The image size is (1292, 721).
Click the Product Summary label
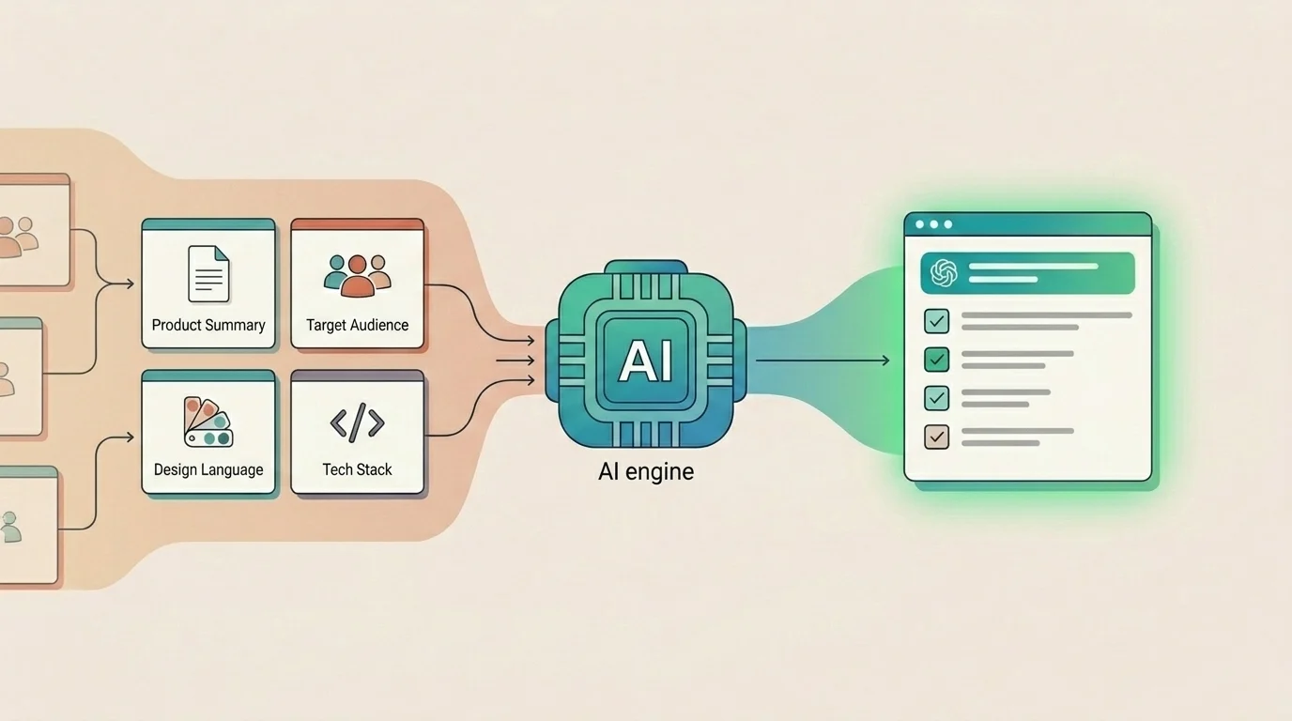(x=208, y=326)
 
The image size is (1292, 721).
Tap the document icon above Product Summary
(x=208, y=274)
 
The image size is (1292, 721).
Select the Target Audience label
(x=357, y=326)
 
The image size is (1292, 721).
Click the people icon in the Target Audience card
(x=357, y=274)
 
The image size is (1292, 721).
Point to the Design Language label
(x=208, y=469)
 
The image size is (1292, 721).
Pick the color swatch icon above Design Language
(x=208, y=422)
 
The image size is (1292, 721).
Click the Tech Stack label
(x=357, y=469)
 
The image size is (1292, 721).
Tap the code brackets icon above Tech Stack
(x=357, y=423)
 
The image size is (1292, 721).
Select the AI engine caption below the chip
(x=646, y=471)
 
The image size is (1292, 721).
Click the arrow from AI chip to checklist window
(x=823, y=360)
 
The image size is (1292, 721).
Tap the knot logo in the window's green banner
(x=943, y=272)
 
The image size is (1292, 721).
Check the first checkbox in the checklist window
(x=936, y=321)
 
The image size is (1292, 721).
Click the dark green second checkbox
(x=936, y=360)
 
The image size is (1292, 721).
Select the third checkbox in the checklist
(x=936, y=398)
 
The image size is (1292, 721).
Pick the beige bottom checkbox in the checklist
(x=936, y=437)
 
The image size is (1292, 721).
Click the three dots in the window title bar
(x=933, y=224)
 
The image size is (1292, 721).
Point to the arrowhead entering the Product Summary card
(x=130, y=284)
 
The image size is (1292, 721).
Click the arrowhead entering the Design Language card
(x=130, y=437)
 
